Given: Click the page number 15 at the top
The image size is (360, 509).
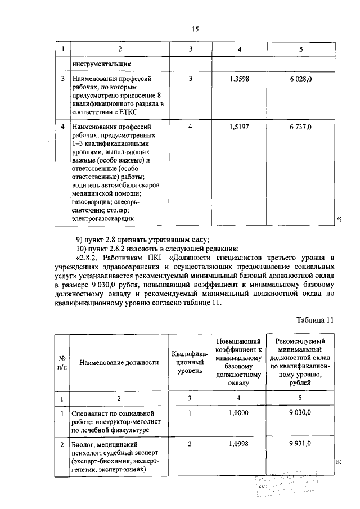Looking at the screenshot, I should coord(196,29).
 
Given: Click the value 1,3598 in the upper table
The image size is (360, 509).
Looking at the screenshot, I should coord(240,79).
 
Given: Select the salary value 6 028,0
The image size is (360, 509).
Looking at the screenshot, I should coord(301,79).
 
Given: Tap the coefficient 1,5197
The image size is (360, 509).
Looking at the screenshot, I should coord(240,127).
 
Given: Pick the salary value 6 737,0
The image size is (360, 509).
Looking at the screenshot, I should coord(301,127).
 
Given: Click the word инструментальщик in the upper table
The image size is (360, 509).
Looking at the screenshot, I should coord(99,64).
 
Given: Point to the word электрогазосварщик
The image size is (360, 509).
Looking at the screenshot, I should coord(103,218).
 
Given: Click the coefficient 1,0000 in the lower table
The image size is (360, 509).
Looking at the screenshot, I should coord(240,413).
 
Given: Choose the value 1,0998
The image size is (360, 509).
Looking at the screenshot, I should coord(240,444).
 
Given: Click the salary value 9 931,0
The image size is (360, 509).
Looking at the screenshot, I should coord(301,444).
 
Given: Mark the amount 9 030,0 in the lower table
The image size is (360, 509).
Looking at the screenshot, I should coord(301,413).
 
